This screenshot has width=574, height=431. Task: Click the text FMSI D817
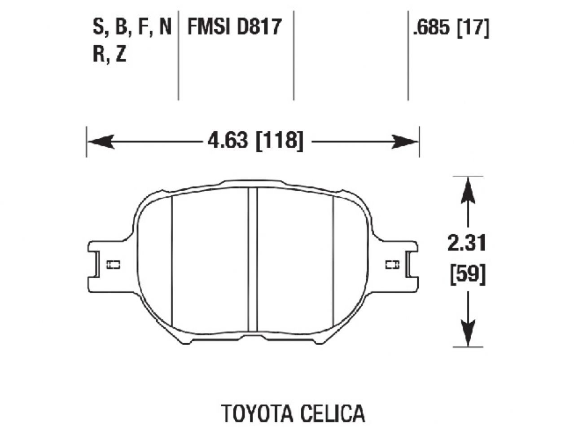pos(234,27)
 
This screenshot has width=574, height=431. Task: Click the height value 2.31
pos(467,244)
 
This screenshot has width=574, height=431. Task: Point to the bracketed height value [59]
pos(467,274)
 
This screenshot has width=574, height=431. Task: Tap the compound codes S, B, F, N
pos(132,27)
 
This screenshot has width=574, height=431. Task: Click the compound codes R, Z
pos(110,55)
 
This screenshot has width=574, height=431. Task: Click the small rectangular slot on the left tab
pos(113,265)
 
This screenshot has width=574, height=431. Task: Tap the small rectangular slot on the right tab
pos(392,265)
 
